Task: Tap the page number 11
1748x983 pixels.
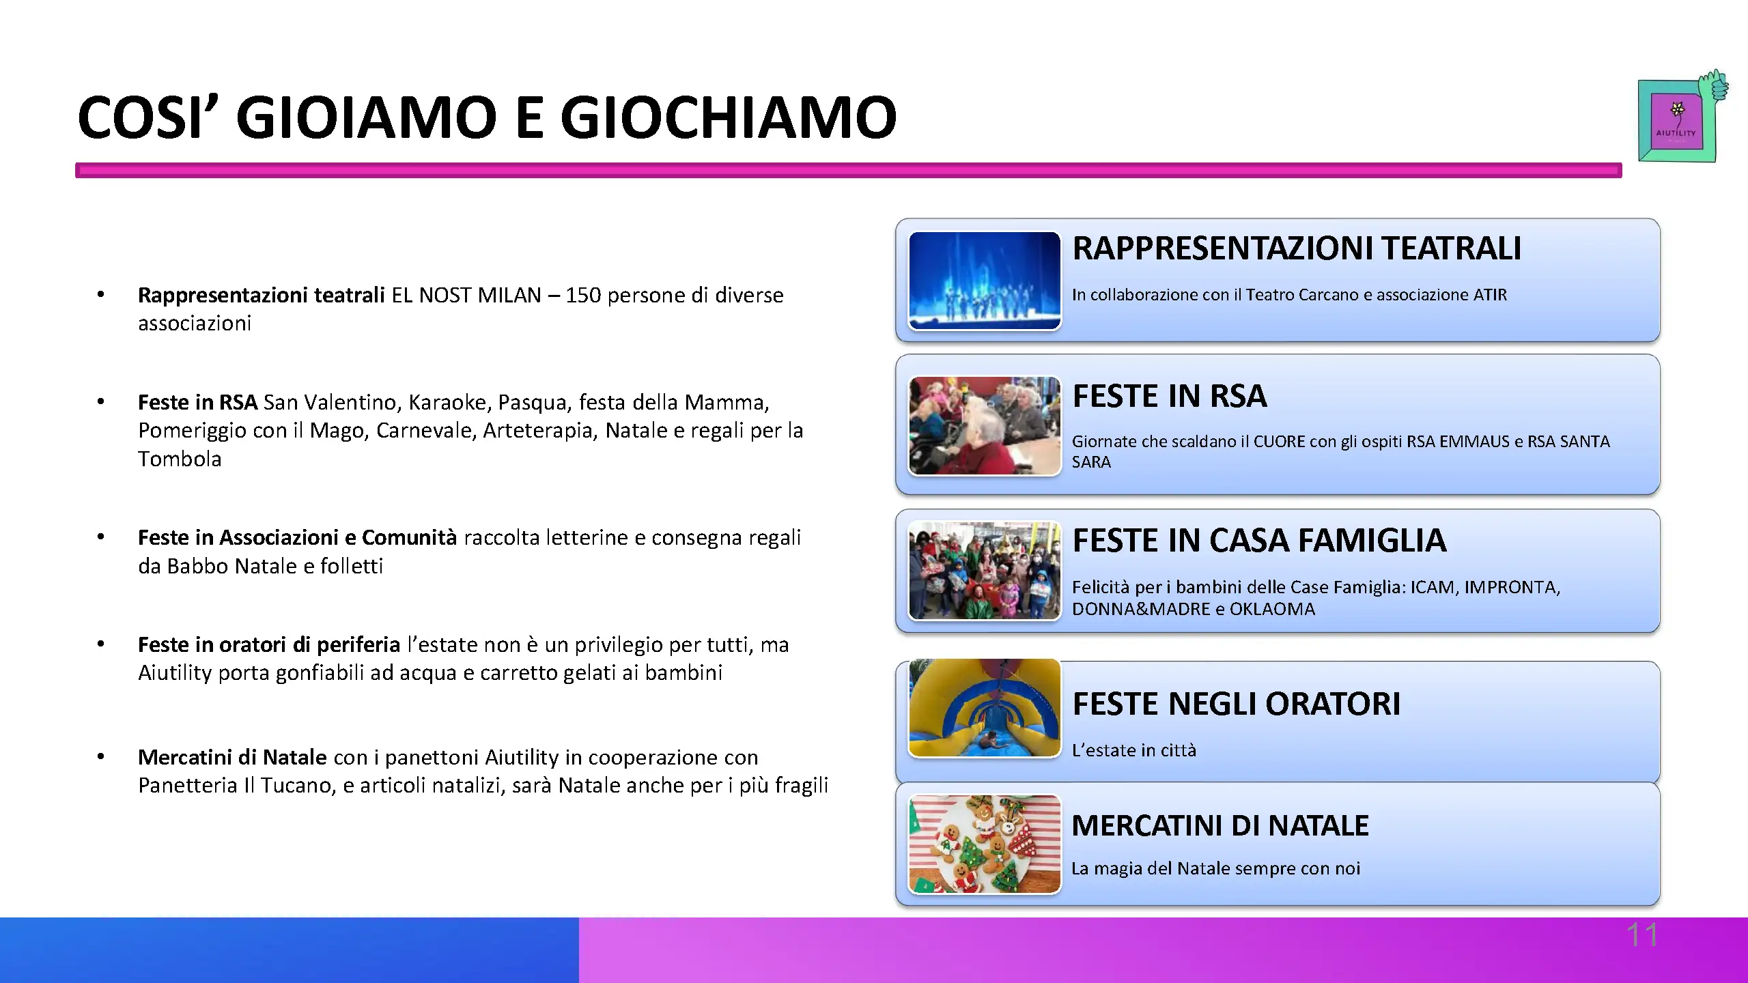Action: (1642, 935)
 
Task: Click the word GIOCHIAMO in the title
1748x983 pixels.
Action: (729, 117)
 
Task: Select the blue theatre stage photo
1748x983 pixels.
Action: (985, 281)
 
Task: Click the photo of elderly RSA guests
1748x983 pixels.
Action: (985, 425)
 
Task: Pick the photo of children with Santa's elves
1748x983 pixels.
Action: (985, 571)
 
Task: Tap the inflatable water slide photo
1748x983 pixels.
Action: (985, 708)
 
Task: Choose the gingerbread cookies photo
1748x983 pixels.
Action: (985, 844)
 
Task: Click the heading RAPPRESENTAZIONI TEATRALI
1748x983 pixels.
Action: (1297, 248)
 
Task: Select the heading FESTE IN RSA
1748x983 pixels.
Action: (1170, 396)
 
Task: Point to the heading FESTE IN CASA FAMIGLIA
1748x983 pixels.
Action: (1259, 541)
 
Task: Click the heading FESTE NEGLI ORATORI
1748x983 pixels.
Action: (1237, 704)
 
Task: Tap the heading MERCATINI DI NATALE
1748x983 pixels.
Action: (1220, 825)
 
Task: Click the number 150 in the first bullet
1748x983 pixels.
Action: (583, 296)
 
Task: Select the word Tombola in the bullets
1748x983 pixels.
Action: (180, 459)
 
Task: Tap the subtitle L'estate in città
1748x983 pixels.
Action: (1134, 750)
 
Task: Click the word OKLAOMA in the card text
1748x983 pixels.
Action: (1272, 609)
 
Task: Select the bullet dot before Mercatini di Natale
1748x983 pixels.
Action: (100, 756)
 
